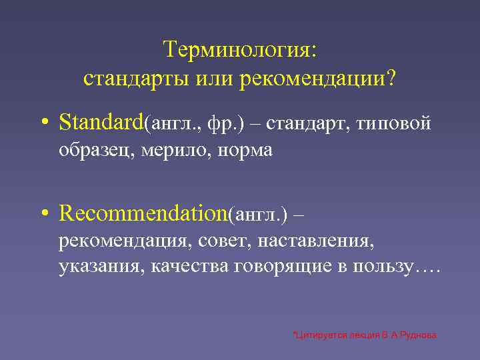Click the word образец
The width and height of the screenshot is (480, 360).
click(96, 151)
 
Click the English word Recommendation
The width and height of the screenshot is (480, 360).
click(143, 213)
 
